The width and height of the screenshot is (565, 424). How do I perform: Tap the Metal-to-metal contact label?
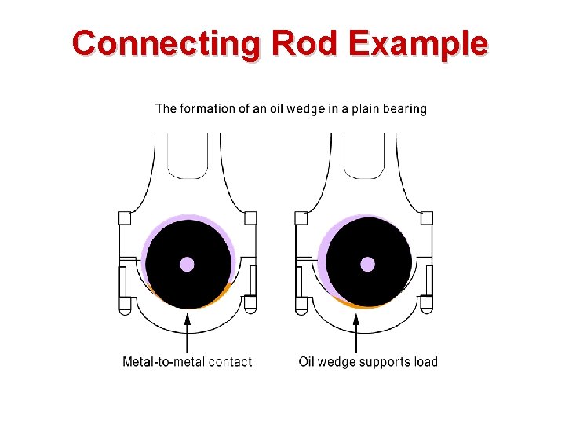[188, 362]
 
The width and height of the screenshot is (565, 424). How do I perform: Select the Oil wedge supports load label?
[368, 362]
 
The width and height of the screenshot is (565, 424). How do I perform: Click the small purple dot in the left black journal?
[188, 264]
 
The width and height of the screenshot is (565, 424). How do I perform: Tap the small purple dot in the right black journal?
[367, 264]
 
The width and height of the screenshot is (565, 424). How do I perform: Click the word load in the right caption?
[425, 362]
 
